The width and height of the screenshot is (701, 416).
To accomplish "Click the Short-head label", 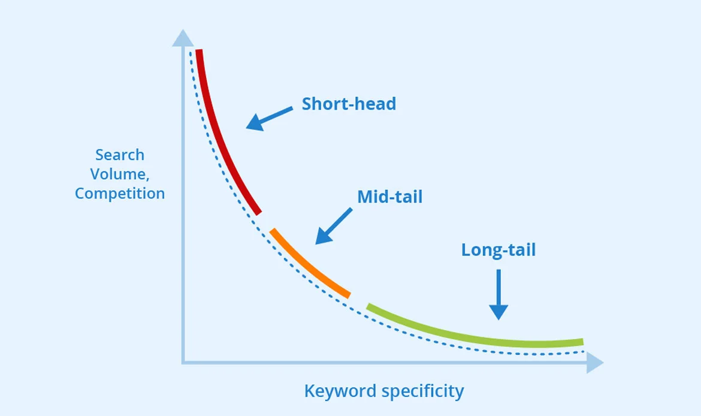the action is (349, 104).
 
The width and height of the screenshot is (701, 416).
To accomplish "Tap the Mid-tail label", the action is (390, 197).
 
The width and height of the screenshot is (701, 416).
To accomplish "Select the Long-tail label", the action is (498, 250).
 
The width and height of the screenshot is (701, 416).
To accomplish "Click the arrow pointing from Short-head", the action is (269, 118).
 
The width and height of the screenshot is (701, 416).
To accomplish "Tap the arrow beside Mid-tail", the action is (334, 226).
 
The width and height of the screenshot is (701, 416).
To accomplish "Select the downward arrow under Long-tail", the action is (498, 294).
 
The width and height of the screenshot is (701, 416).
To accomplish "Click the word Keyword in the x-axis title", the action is (340, 391).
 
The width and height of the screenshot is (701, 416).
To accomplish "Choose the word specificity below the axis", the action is (423, 391).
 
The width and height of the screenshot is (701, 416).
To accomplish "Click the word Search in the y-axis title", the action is (120, 155).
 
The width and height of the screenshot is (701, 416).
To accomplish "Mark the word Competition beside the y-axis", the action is (120, 194).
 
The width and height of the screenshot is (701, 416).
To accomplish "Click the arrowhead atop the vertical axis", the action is (183, 38).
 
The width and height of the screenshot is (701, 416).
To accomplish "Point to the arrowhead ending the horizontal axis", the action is (595, 362).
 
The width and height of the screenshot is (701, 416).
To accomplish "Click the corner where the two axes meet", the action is (183, 362).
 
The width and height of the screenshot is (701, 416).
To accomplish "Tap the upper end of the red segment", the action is (199, 50).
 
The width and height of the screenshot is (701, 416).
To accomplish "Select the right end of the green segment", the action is (583, 342).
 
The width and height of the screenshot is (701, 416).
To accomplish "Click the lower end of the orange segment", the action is (349, 296).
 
